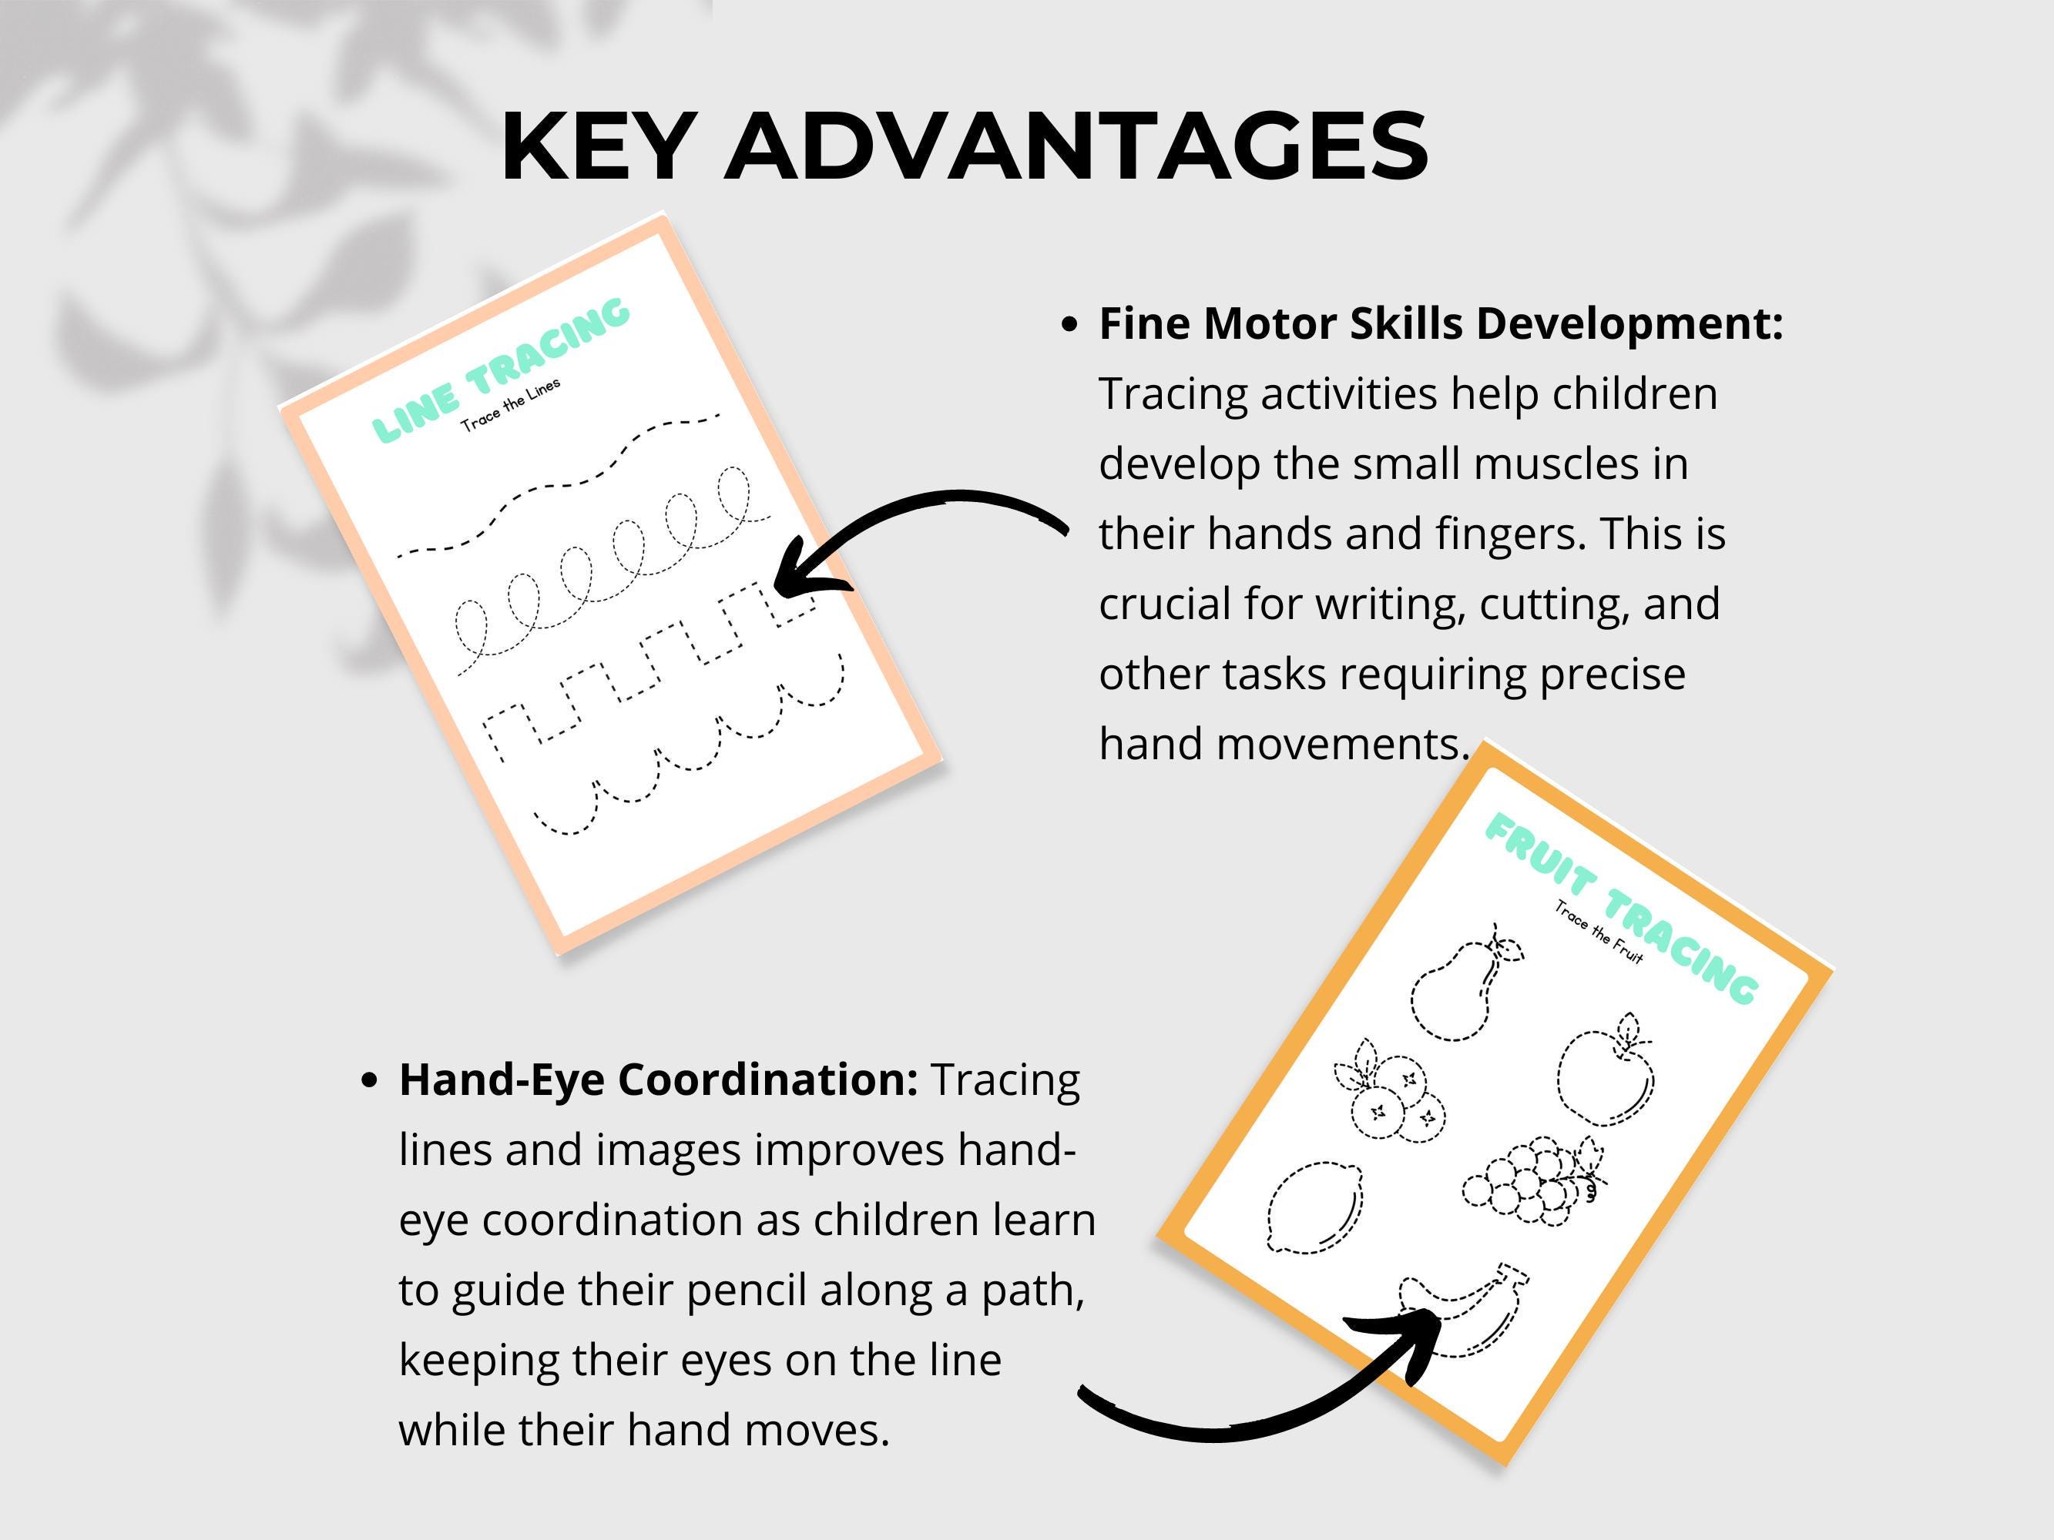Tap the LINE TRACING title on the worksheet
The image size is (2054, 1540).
point(502,370)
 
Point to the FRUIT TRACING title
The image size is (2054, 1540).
point(1621,907)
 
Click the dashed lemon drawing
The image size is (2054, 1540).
point(1314,1207)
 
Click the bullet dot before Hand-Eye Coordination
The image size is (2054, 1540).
point(370,1080)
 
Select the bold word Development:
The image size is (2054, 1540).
point(1629,325)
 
